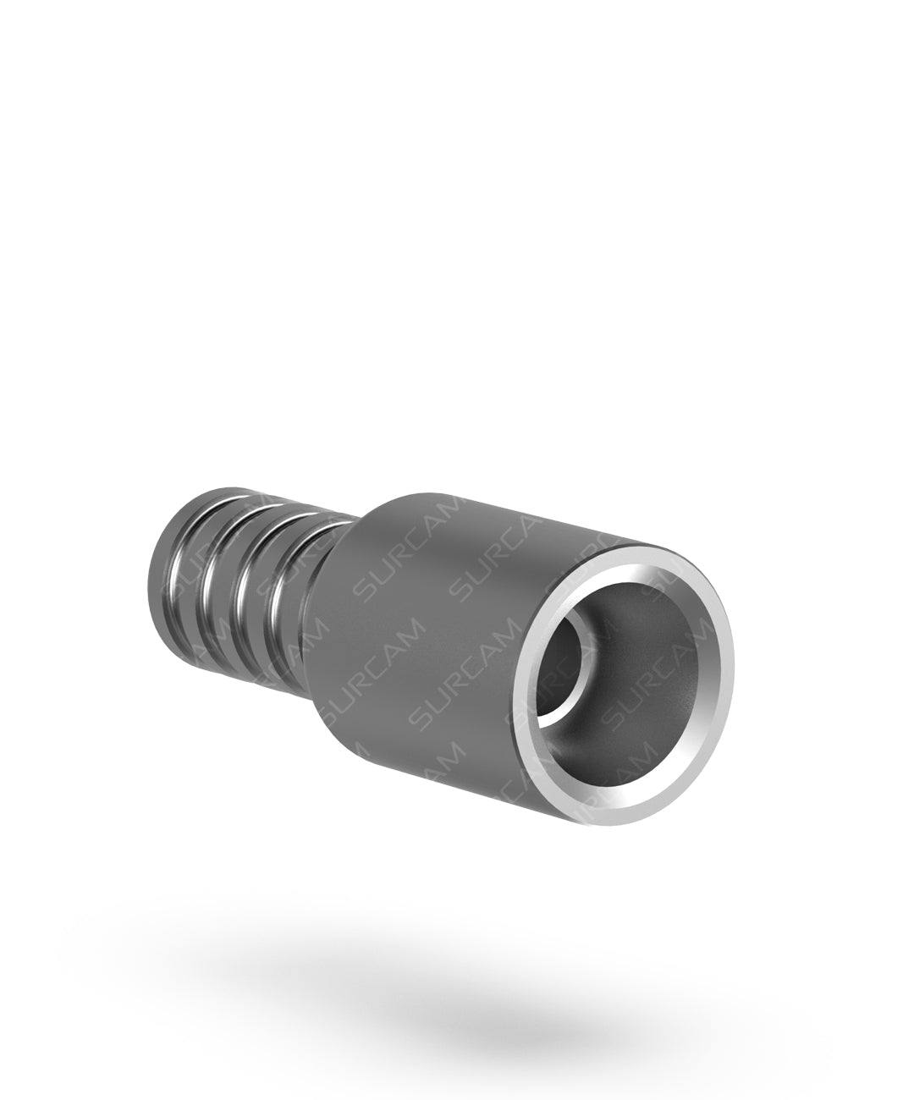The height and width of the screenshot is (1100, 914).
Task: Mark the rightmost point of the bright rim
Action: pyautogui.click(x=733, y=668)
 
